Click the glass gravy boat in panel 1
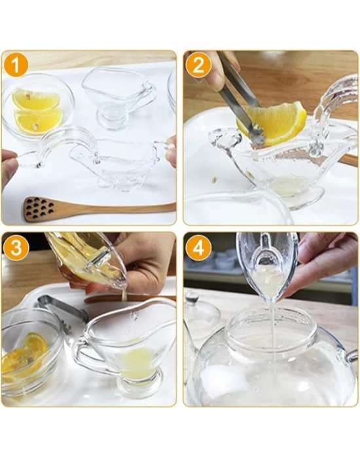coord(118,98)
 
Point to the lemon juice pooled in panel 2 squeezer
coord(288,186)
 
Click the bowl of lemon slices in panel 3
coord(29,353)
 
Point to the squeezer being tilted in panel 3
coord(88,262)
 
